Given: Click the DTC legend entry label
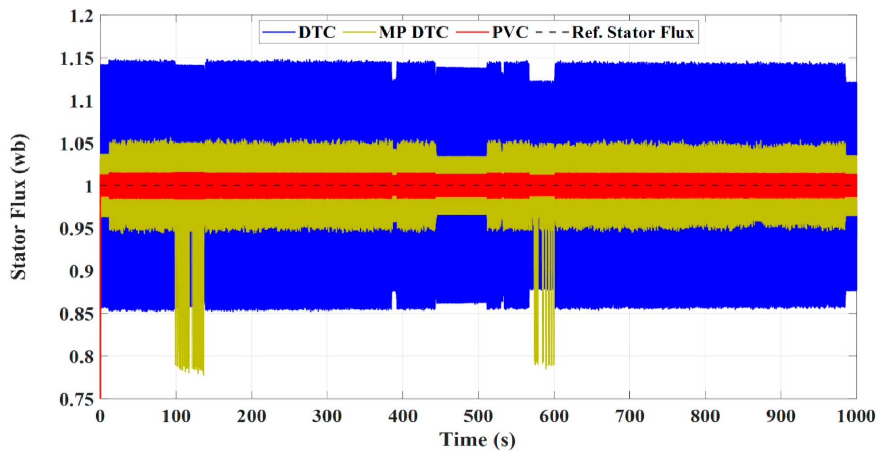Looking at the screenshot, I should coord(316,33).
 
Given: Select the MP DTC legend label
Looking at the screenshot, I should coord(413,33).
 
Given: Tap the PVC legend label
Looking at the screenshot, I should coord(510,33).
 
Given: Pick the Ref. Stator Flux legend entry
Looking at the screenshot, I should coord(633,33).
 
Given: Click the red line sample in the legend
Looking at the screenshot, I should coord(473,33).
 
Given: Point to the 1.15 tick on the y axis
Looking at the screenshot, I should coord(76,59).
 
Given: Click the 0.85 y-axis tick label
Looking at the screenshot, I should coord(76,314).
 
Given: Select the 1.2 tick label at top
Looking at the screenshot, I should coord(81,16).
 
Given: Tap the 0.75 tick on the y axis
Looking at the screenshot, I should coord(76,399).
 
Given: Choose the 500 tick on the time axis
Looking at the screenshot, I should coord(478,417).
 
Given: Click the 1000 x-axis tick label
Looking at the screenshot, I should coord(856,417).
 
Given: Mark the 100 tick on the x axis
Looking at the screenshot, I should coord(176,417).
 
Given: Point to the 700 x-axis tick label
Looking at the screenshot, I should coord(629,417).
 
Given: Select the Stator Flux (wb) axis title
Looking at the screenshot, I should coord(19,206).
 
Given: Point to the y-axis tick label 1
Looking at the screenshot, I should coord(88,186).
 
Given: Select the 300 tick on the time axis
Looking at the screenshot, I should coord(327,417).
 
